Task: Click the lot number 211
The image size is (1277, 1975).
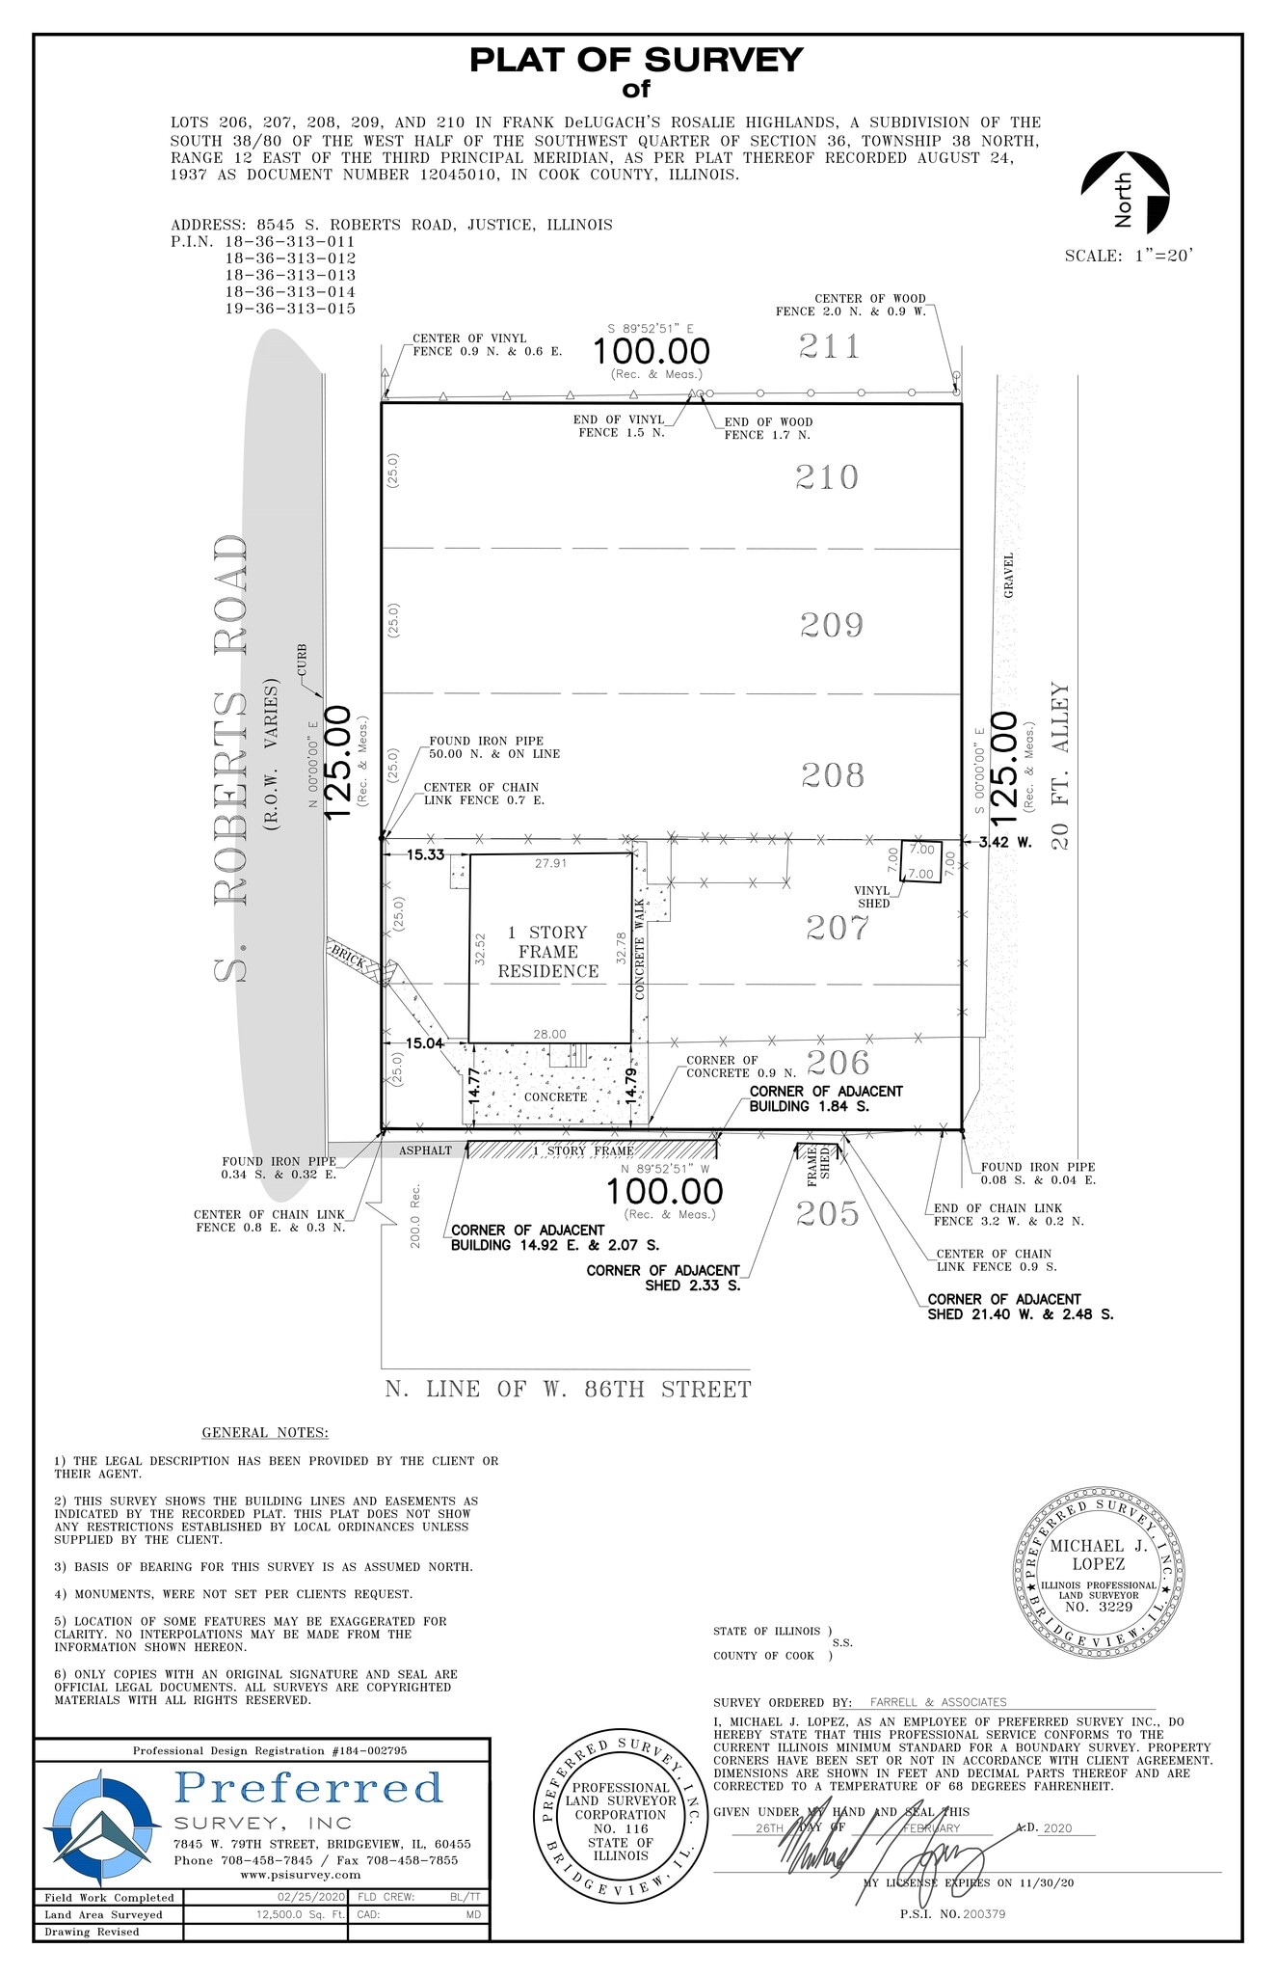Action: point(829,346)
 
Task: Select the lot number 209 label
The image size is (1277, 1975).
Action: point(832,626)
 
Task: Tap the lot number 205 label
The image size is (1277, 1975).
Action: point(828,1213)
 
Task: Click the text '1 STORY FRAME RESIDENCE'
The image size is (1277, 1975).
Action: point(548,952)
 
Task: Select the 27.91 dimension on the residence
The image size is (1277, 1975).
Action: point(550,864)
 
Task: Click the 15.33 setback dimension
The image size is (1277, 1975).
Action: point(425,854)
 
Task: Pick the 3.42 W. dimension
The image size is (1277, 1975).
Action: point(1005,842)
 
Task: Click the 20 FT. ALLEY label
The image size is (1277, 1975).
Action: point(1060,767)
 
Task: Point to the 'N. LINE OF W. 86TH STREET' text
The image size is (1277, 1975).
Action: point(568,1390)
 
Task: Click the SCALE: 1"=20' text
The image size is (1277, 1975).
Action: point(1129,257)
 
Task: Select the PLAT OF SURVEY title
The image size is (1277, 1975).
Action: point(636,61)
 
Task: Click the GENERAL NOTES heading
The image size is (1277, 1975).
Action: point(265,1433)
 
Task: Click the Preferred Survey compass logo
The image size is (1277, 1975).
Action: point(100,1826)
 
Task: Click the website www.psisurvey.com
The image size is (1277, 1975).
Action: point(300,1875)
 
